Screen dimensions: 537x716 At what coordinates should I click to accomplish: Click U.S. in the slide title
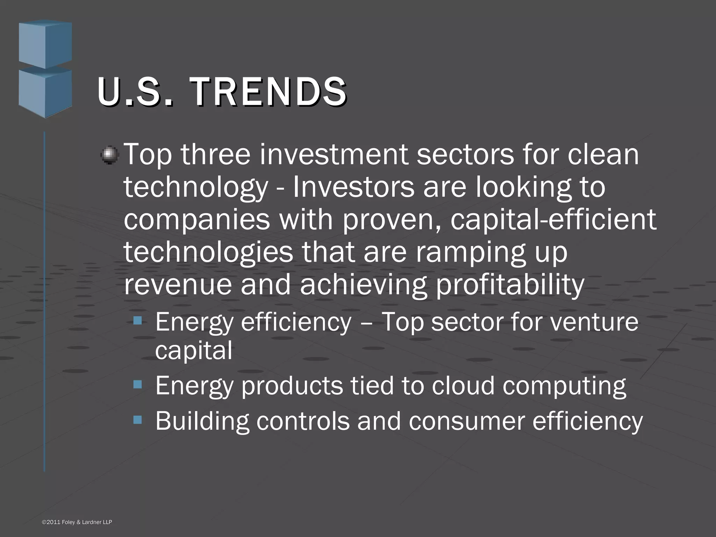135,92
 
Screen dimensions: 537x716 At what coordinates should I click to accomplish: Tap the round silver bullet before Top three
110,155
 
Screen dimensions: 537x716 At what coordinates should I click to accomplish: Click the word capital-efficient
553,220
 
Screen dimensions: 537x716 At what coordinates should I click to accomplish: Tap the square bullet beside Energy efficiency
138,320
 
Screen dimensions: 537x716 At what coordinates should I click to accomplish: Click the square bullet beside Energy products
138,385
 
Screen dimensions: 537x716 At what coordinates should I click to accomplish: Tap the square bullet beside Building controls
138,419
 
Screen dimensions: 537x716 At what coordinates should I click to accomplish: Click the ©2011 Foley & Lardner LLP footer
77,522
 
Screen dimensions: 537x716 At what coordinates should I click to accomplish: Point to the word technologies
208,252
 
